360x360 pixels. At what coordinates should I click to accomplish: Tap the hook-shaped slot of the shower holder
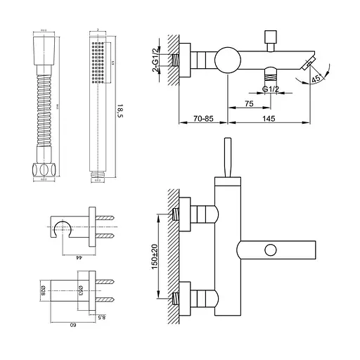(x=63, y=226)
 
